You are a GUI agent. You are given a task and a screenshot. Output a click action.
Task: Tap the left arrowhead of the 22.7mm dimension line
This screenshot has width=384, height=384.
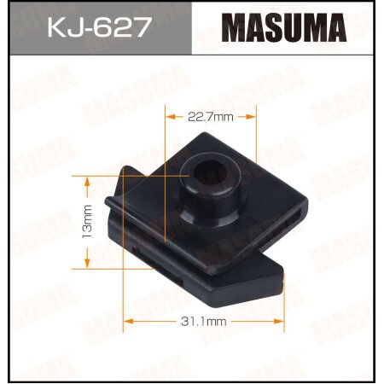(x=168, y=117)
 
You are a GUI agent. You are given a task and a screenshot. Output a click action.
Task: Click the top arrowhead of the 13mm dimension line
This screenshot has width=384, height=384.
(x=85, y=178)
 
